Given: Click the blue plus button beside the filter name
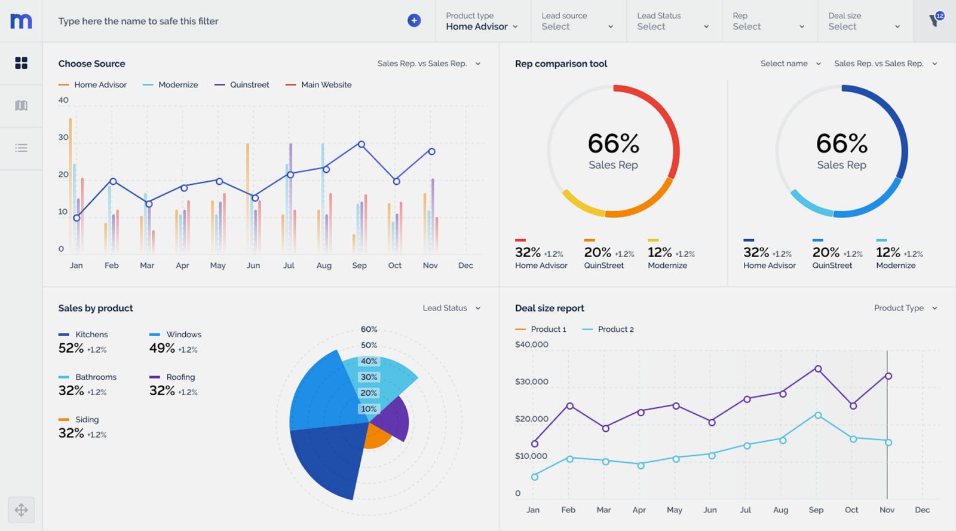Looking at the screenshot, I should click(x=413, y=21).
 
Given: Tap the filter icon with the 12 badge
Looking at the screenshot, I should click(x=934, y=20).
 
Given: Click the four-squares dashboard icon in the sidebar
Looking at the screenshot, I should click(x=21, y=63).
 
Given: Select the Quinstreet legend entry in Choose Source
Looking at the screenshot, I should click(x=242, y=85).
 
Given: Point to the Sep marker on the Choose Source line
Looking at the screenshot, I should click(x=361, y=144).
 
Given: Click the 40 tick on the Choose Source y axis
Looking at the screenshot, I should click(x=63, y=100).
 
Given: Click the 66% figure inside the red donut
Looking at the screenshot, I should click(x=613, y=144).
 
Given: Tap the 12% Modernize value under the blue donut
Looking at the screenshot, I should click(x=888, y=252).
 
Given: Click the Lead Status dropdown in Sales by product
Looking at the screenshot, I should click(x=451, y=308).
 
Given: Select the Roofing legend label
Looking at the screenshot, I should click(x=180, y=377).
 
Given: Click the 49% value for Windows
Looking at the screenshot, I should click(x=162, y=348).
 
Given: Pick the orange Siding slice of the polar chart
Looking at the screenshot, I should click(x=376, y=436).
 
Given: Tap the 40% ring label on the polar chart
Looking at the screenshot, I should click(x=369, y=361).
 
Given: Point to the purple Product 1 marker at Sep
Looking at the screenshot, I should click(x=817, y=369).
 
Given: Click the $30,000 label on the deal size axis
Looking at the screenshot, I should click(x=531, y=382).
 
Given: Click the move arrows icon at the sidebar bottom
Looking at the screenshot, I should click(x=21, y=509).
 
